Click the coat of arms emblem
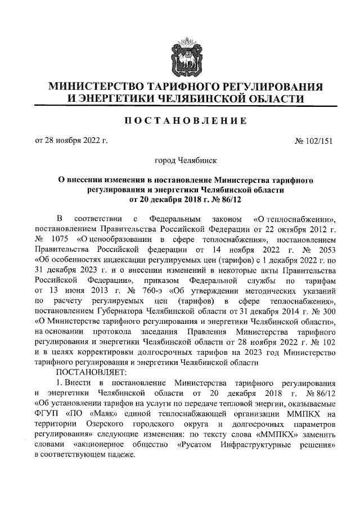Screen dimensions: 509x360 (x=185, y=57)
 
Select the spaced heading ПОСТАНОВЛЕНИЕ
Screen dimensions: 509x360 (x=185, y=121)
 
